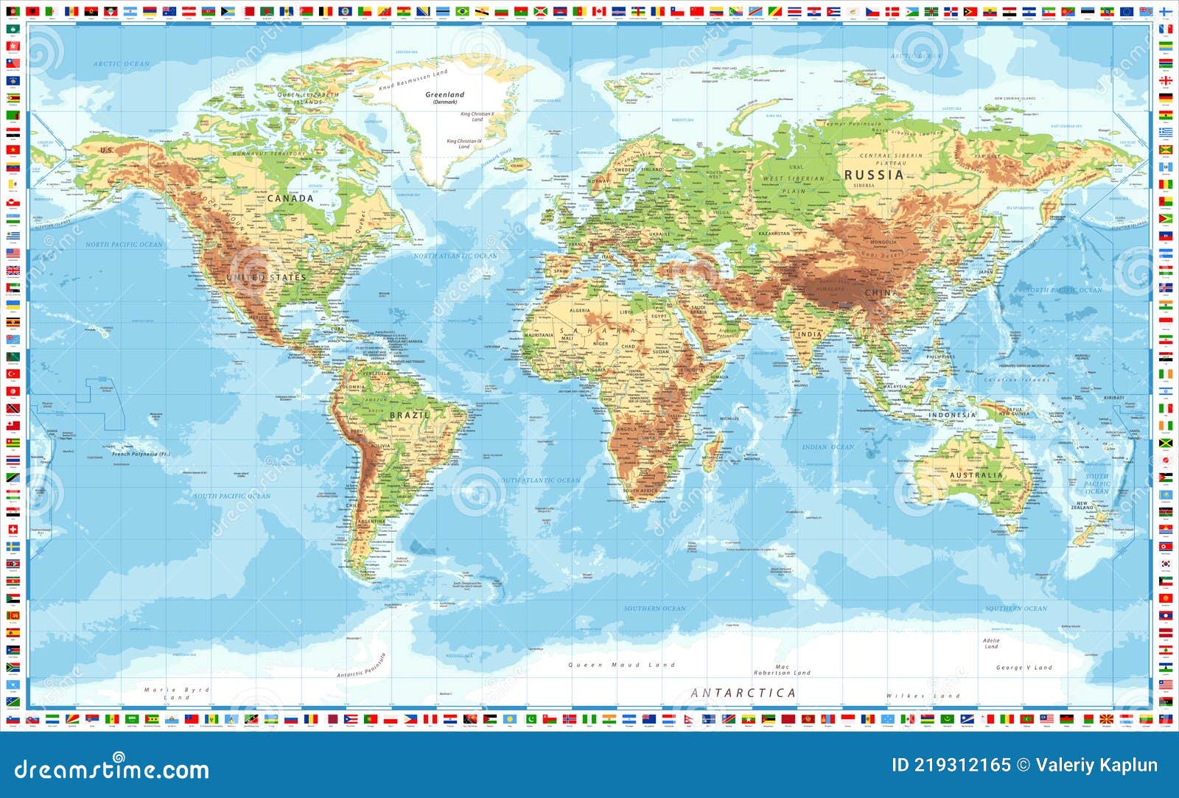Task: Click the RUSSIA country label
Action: point(874,175)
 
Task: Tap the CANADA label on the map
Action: point(290,198)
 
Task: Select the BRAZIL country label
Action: point(409,415)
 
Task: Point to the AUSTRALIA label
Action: point(976,475)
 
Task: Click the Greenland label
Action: point(445,95)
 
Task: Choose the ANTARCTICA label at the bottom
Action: point(744,693)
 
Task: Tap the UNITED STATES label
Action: point(266,277)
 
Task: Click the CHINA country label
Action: point(881,293)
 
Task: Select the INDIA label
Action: point(810,334)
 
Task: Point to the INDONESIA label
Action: point(952,415)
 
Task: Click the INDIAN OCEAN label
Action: point(828,447)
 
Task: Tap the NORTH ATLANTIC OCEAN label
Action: point(455,256)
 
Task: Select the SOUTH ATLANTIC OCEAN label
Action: point(541,480)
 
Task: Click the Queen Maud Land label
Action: point(621,665)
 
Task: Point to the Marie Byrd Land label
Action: point(177,693)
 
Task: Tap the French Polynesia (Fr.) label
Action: point(141,454)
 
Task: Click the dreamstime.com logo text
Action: point(112,769)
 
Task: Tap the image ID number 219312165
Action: point(951,765)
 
